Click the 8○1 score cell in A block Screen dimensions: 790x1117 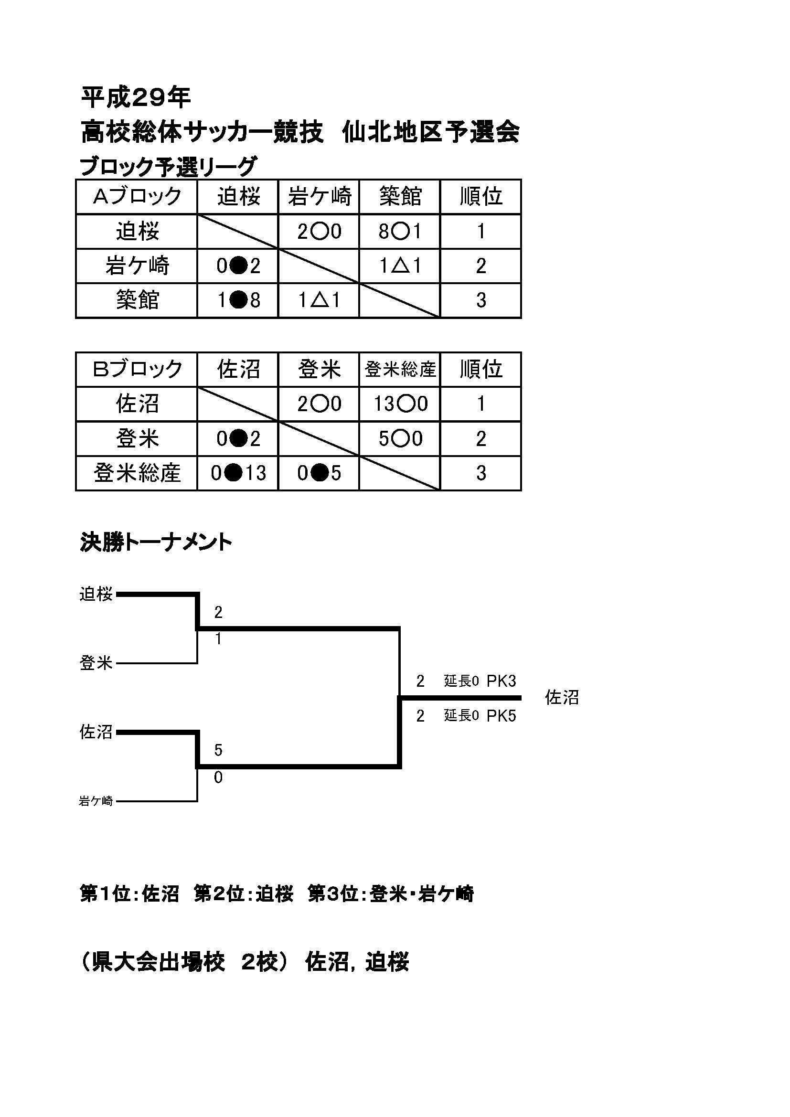pyautogui.click(x=399, y=232)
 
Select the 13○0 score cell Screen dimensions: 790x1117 pyautogui.click(x=399, y=404)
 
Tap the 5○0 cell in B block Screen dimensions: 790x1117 pyautogui.click(x=399, y=439)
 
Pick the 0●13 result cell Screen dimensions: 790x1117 pyautogui.click(x=238, y=473)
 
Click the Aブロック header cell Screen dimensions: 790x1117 pyautogui.click(x=137, y=197)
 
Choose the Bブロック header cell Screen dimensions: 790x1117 pyautogui.click(x=137, y=369)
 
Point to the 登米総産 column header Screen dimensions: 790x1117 pyautogui.click(x=400, y=370)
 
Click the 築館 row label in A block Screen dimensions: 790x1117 pyautogui.click(x=137, y=300)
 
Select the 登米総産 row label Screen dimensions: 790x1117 pyautogui.click(x=137, y=473)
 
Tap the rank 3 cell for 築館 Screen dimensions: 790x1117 pyautogui.click(x=480, y=300)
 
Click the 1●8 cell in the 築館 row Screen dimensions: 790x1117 pyautogui.click(x=238, y=300)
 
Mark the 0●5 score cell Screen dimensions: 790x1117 pyautogui.click(x=319, y=473)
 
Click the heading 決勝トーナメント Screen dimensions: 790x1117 pyautogui.click(x=156, y=543)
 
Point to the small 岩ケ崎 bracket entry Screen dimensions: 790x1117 pyautogui.click(x=96, y=801)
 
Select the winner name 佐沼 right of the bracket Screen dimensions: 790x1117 pyautogui.click(x=562, y=698)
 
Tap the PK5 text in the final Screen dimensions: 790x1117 pyautogui.click(x=501, y=716)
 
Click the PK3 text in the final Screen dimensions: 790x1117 pyautogui.click(x=501, y=681)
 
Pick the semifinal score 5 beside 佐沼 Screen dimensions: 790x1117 pyautogui.click(x=218, y=750)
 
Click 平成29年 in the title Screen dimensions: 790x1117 pyautogui.click(x=136, y=98)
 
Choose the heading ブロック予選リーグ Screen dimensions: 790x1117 pyautogui.click(x=168, y=166)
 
